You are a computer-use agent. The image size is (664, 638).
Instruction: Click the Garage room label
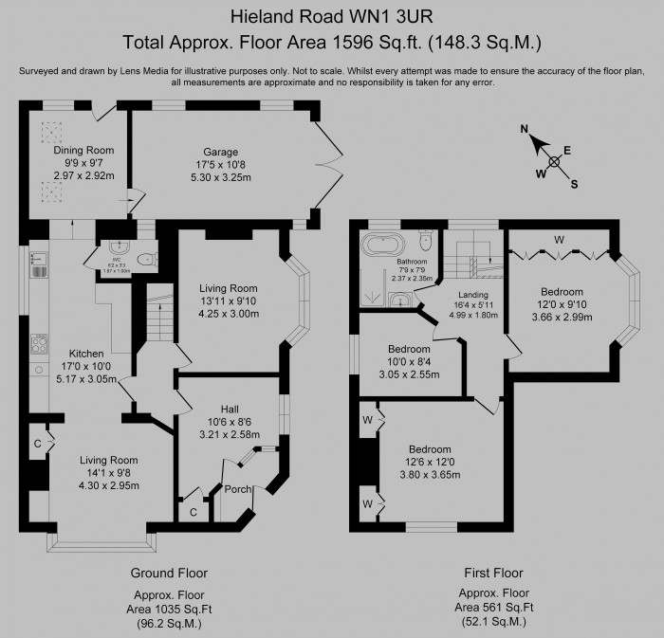click(x=220, y=152)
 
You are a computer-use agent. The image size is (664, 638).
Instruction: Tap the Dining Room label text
click(x=83, y=150)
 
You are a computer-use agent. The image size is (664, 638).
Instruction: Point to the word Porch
click(x=233, y=489)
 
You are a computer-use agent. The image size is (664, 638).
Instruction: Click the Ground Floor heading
click(x=168, y=573)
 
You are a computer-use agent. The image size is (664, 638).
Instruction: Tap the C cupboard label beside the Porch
click(x=194, y=512)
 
